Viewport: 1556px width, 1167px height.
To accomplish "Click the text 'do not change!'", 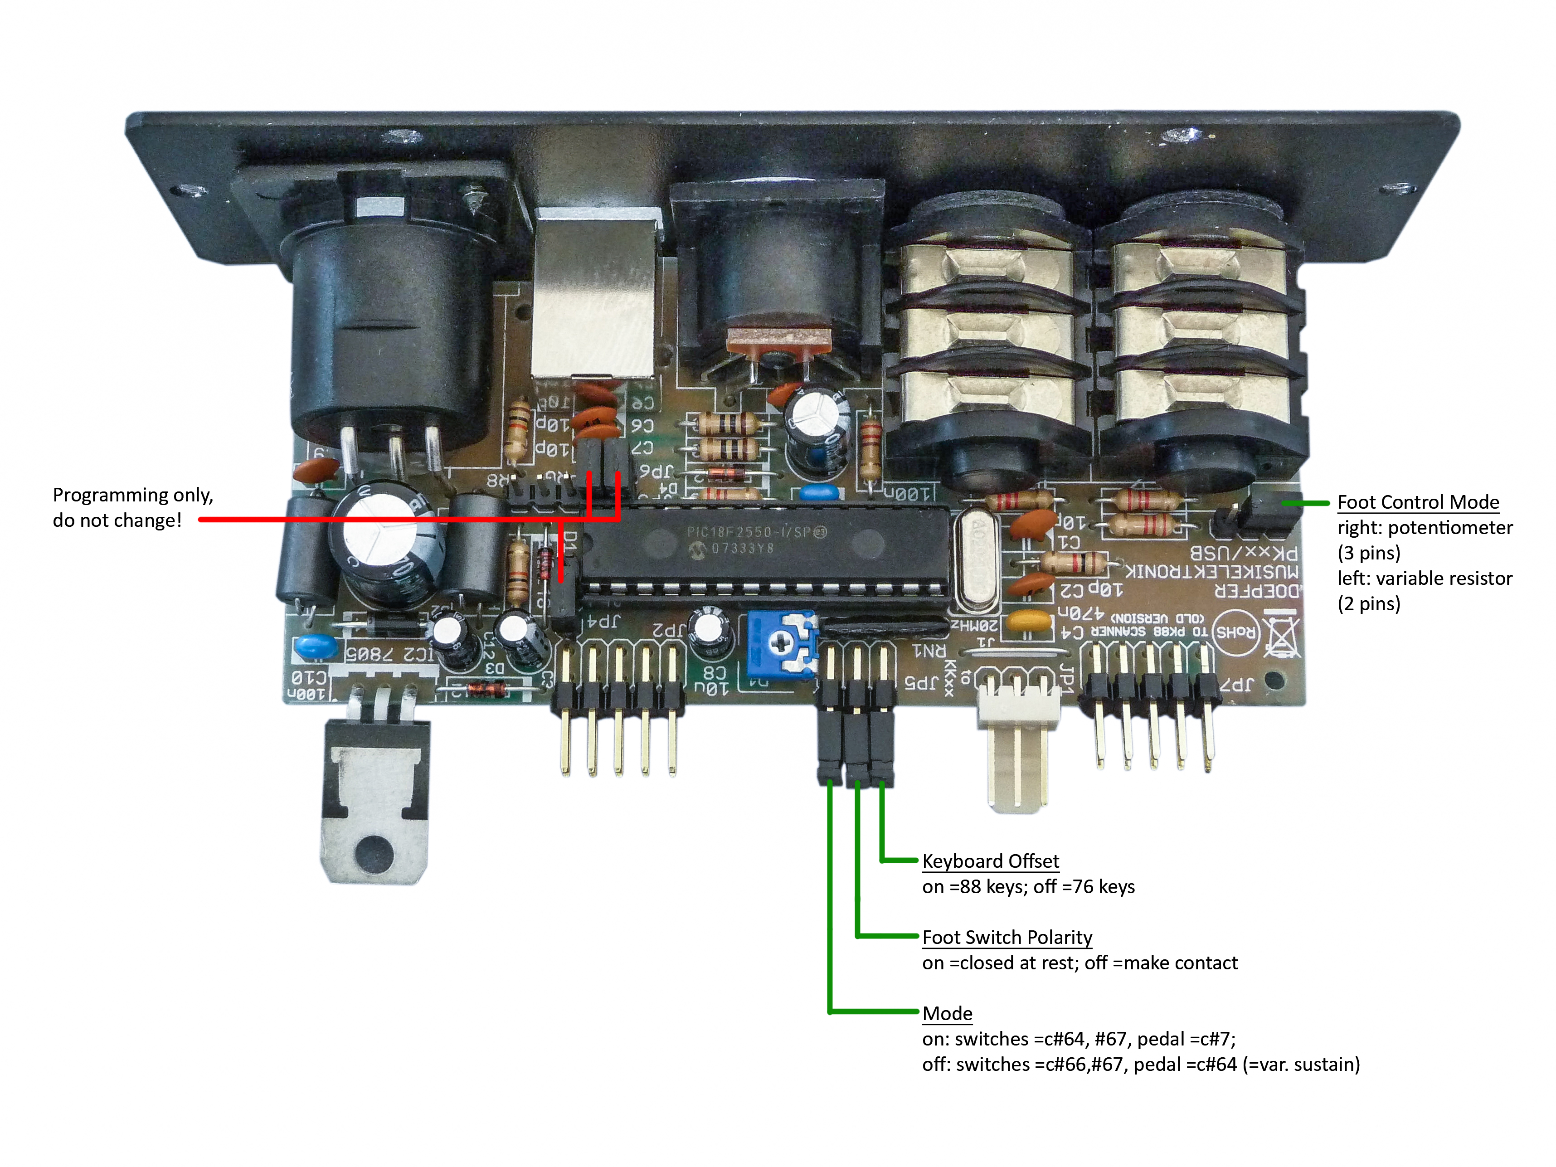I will (117, 520).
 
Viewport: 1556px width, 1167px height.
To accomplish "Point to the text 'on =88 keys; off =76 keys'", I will (1028, 886).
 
